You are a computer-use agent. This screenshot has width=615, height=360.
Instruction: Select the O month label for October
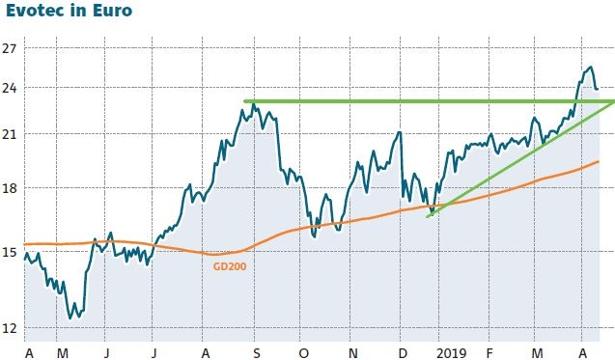303,352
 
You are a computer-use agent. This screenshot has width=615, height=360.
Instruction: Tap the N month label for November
352,352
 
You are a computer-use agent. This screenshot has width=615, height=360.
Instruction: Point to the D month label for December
402,352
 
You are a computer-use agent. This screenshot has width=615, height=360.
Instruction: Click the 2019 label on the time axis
451,352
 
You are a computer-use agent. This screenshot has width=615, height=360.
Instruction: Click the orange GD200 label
228,265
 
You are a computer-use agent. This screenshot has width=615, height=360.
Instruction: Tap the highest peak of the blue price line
590,67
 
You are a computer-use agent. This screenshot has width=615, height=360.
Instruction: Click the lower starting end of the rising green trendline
428,216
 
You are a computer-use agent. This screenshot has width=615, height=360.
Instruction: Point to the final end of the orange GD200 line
599,161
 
